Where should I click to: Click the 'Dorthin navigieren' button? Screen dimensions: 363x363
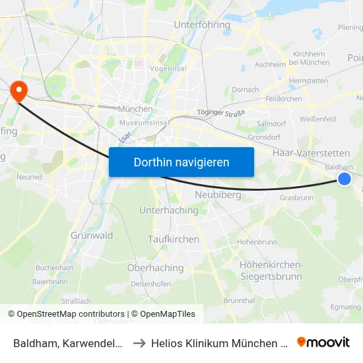coord(181,162)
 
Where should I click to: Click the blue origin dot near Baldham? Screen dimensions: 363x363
coord(344,179)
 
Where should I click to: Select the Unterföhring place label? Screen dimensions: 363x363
coord(202,25)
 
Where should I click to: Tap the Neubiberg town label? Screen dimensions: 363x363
coord(217,195)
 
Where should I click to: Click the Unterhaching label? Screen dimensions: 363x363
coord(168,211)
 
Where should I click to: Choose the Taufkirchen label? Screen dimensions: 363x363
coord(174,239)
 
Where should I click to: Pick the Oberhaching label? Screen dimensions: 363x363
coord(155,268)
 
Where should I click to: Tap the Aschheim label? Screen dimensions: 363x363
coord(270,65)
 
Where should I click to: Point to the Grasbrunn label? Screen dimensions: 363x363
coord(296,197)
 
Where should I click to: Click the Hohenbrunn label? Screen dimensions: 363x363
coord(257,242)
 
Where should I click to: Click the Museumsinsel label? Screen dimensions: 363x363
coord(145,123)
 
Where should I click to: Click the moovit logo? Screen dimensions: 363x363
coord(323,342)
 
